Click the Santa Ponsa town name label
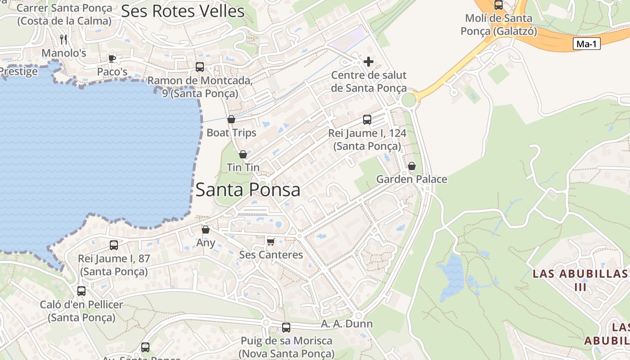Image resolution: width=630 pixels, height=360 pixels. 247,190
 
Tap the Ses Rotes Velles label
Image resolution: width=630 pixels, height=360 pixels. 183,11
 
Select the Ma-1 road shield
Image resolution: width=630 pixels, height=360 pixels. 586,44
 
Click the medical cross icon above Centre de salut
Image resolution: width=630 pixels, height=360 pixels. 369,62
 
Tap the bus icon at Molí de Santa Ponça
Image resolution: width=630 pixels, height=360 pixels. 499,5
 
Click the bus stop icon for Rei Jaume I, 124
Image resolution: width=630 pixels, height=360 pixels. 367,120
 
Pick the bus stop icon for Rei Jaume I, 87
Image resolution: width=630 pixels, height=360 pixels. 114,245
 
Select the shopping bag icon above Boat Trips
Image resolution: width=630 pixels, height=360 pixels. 231,119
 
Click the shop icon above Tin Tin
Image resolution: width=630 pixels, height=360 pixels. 243,154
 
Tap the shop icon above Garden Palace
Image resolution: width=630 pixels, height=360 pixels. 411,166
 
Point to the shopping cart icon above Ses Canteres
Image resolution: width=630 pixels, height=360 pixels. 270,242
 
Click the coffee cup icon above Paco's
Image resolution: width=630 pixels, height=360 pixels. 112,58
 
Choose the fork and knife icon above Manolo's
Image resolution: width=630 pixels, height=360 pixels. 63,40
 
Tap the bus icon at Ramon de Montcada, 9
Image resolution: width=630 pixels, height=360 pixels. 200,67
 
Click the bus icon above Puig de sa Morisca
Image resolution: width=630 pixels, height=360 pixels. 286,328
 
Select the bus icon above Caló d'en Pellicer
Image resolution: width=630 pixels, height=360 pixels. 81,291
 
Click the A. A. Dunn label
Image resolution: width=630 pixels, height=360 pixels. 347,324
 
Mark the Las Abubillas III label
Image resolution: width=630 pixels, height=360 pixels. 580,280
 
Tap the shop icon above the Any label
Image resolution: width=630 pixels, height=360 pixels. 206,229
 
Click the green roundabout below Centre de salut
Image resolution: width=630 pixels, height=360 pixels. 409,100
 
